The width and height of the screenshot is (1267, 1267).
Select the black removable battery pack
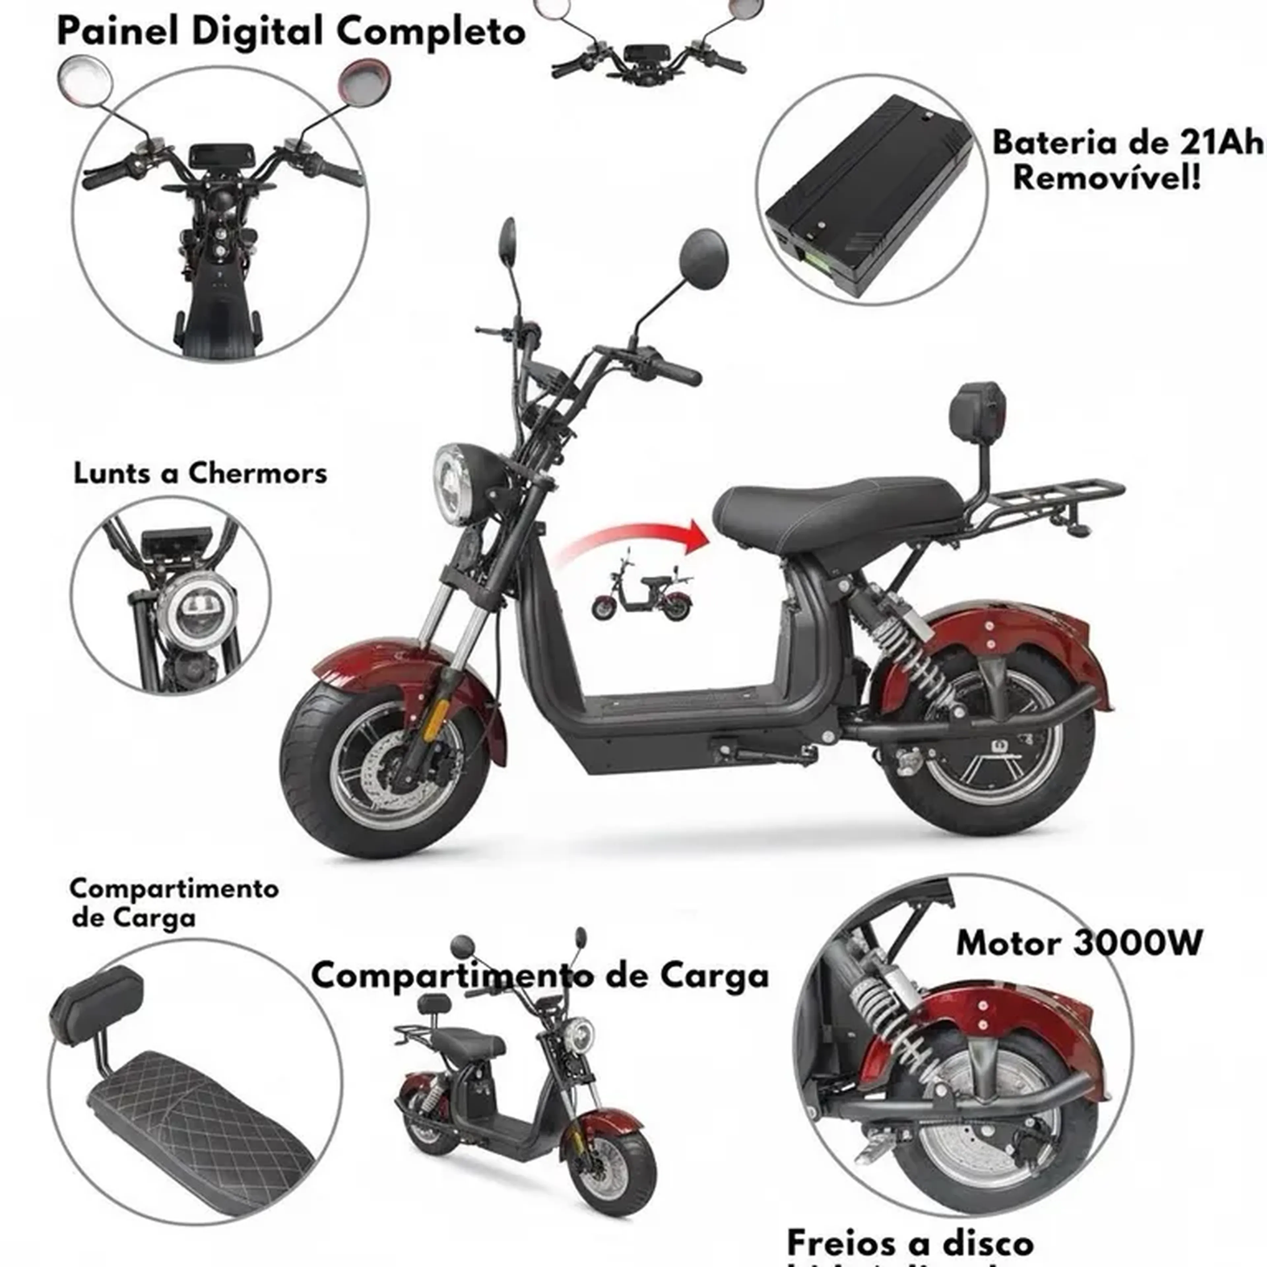click(872, 197)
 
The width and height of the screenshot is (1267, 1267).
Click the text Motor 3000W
click(1079, 943)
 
